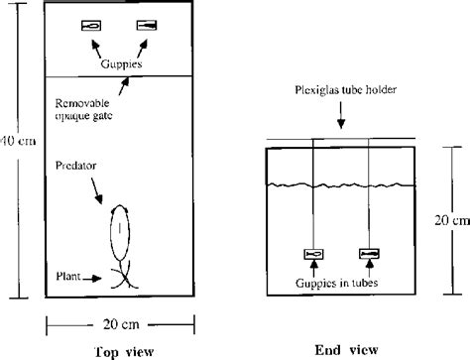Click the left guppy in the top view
pyautogui.click(x=91, y=26)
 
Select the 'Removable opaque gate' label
pyautogui.click(x=86, y=108)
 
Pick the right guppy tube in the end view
pyautogui.click(x=369, y=254)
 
